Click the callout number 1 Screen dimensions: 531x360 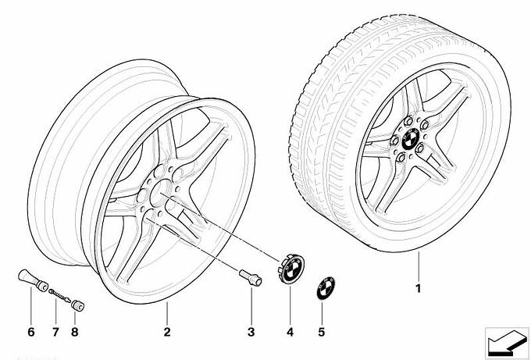pyautogui.click(x=419, y=288)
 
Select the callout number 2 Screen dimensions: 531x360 pyautogui.click(x=167, y=332)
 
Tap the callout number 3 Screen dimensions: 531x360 pyautogui.click(x=251, y=332)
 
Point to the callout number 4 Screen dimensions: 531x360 pyautogui.click(x=290, y=332)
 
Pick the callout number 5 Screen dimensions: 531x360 pyautogui.click(x=322, y=332)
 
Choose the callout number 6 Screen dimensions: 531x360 pyautogui.click(x=30, y=332)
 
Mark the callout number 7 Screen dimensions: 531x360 pyautogui.click(x=55, y=332)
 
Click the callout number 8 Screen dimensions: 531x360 pyautogui.click(x=75, y=332)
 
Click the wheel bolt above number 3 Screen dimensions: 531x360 pyautogui.click(x=251, y=278)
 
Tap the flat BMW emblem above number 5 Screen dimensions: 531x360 pyautogui.click(x=326, y=288)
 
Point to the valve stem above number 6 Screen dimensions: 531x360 pyautogui.click(x=33, y=280)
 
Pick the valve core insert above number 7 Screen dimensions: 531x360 pyautogui.click(x=59, y=295)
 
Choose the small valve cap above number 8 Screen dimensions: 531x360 pyautogui.click(x=77, y=306)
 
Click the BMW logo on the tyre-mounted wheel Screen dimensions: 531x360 pyautogui.click(x=411, y=139)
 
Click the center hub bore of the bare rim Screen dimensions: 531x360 pyautogui.click(x=160, y=193)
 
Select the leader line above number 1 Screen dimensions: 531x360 pyautogui.click(x=419, y=266)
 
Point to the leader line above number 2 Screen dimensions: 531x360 pyautogui.click(x=167, y=313)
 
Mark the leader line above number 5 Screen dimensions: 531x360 pyautogui.click(x=322, y=313)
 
